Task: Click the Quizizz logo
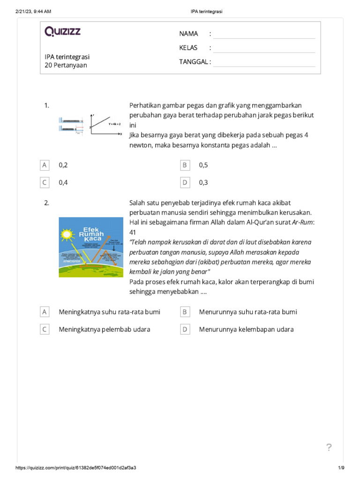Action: tap(63, 31)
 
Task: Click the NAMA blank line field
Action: tap(264, 34)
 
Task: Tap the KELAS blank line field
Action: tap(264, 48)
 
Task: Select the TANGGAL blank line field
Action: tap(264, 62)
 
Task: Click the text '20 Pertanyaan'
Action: tap(66, 66)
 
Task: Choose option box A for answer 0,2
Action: tap(45, 165)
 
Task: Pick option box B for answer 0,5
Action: tap(185, 165)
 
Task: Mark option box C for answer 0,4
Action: tap(45, 182)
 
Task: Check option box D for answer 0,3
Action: tap(185, 182)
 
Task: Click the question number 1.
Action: tap(47, 106)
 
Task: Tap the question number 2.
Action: tap(47, 203)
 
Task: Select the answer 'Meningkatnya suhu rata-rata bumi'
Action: tap(109, 312)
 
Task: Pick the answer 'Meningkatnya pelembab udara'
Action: tap(104, 330)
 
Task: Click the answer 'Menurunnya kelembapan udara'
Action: tap(246, 330)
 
